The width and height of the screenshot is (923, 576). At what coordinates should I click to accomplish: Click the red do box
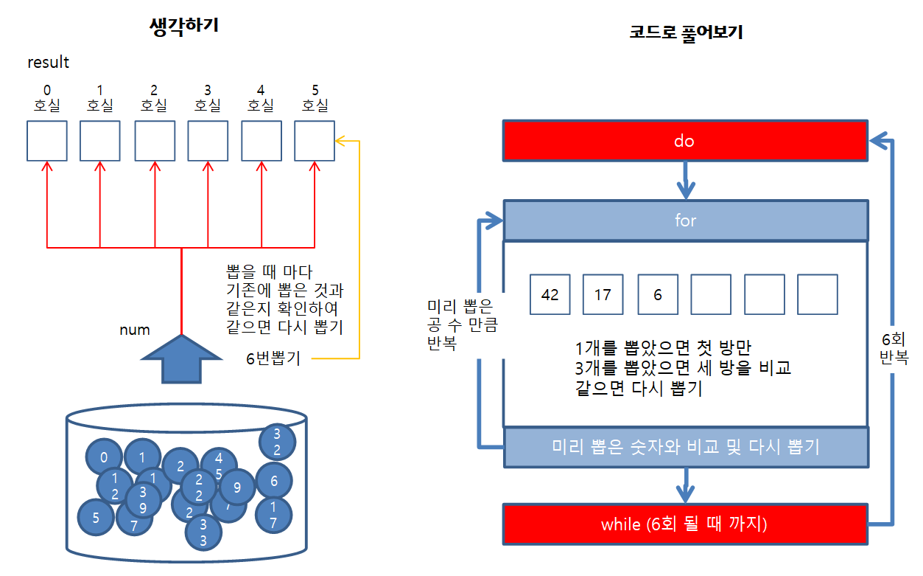(x=684, y=141)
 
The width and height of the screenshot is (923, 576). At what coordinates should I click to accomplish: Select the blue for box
(x=684, y=220)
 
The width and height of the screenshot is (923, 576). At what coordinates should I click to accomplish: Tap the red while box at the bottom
(x=684, y=524)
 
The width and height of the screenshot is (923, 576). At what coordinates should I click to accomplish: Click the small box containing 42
(x=550, y=294)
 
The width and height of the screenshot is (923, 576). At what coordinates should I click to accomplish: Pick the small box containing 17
(x=603, y=294)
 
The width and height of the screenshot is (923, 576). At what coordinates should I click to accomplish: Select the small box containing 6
(x=657, y=294)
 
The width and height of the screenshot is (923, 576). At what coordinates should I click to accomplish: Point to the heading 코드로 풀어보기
(x=685, y=33)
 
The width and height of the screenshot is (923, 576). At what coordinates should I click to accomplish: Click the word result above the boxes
(x=48, y=63)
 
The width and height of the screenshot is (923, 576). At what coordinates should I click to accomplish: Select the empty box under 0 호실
(x=47, y=141)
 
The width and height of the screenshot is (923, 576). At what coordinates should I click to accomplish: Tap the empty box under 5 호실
(x=315, y=141)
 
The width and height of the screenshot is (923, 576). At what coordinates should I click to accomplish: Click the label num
(x=135, y=329)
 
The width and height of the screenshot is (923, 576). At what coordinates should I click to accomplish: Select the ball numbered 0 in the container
(x=104, y=458)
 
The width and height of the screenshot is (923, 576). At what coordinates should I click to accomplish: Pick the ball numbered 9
(x=237, y=487)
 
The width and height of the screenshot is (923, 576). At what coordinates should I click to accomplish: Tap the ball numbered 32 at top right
(x=277, y=441)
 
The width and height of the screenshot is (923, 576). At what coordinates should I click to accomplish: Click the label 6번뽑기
(x=273, y=360)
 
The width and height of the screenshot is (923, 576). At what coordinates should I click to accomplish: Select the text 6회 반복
(x=894, y=348)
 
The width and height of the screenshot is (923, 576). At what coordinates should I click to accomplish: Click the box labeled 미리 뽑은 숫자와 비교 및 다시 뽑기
(x=685, y=447)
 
